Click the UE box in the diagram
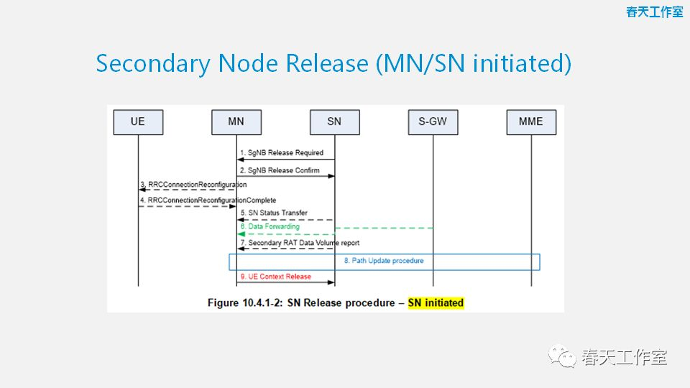point(137,121)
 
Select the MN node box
point(236,121)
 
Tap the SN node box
point(334,121)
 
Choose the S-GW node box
point(433,121)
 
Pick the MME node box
point(531,121)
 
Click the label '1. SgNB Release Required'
point(282,153)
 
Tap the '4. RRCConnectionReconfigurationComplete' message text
point(208,200)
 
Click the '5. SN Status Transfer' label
point(274,213)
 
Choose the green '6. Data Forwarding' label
point(270,227)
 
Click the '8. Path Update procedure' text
point(383,261)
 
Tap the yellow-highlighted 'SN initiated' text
point(436,302)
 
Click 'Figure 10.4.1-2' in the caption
point(245,302)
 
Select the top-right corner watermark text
point(654,12)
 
